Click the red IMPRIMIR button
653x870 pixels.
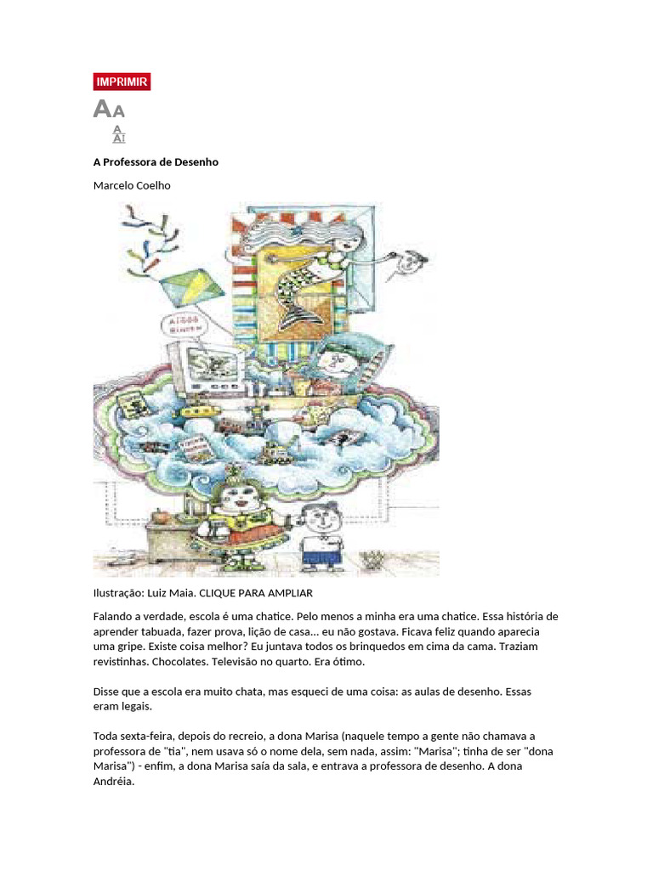[x=122, y=82]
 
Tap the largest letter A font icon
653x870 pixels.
[x=102, y=109]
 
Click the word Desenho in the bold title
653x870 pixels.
[x=197, y=161]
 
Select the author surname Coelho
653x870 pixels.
[x=153, y=185]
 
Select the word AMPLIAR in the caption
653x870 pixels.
[x=291, y=592]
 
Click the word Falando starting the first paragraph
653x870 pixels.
[x=115, y=616]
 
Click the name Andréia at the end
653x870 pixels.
[x=113, y=782]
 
